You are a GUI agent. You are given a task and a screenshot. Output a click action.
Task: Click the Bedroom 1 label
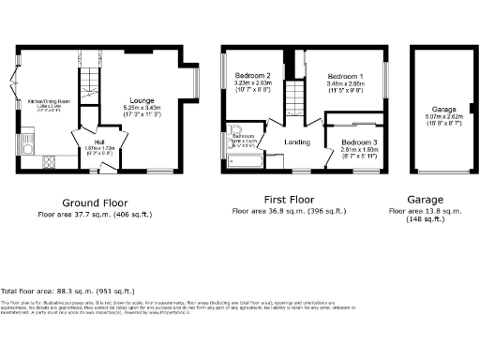point(347,75)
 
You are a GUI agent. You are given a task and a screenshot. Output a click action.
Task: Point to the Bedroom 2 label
point(252,75)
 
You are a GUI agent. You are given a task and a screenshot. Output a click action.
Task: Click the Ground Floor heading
point(94,202)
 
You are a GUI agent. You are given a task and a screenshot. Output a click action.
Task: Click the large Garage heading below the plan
point(425,200)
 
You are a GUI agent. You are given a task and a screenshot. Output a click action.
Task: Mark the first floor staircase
point(296,97)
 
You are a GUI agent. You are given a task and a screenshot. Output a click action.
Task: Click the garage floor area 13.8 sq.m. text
point(424,212)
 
